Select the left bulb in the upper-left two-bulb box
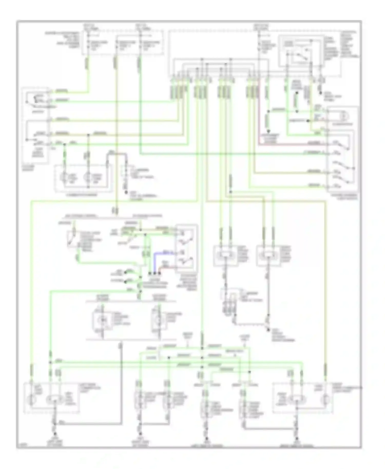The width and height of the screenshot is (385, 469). [x=64, y=177]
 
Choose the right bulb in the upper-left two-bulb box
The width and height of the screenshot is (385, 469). [x=87, y=177]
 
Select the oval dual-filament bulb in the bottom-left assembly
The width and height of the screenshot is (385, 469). [x=55, y=399]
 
